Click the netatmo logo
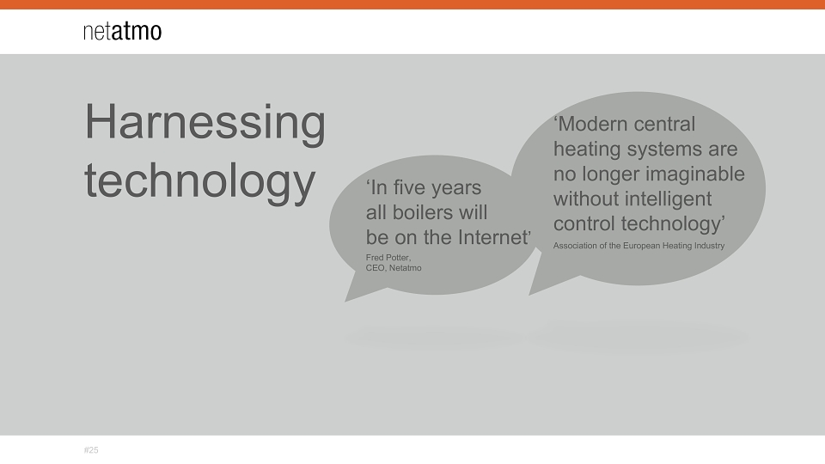[123, 32]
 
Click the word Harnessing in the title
[205, 123]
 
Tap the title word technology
[200, 181]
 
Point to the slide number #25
[91, 450]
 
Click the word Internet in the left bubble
[495, 237]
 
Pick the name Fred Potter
[388, 257]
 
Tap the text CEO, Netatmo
[394, 268]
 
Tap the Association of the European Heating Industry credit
[639, 246]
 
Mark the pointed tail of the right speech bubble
[531, 293]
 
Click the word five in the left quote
[412, 187]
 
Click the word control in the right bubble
[584, 223]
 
